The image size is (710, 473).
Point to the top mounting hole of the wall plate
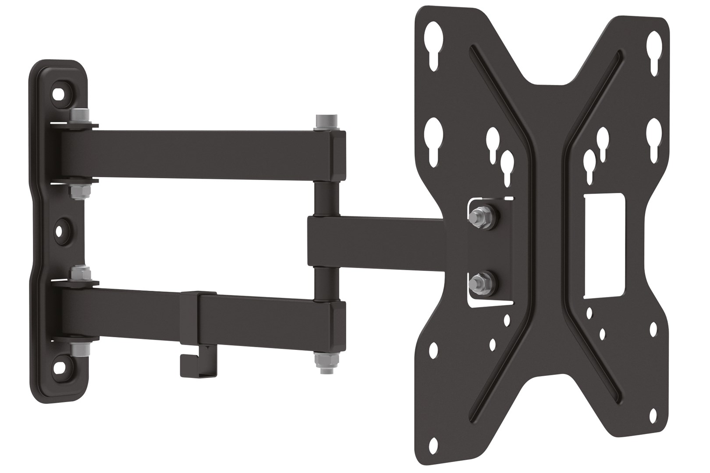(x=58, y=93)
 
